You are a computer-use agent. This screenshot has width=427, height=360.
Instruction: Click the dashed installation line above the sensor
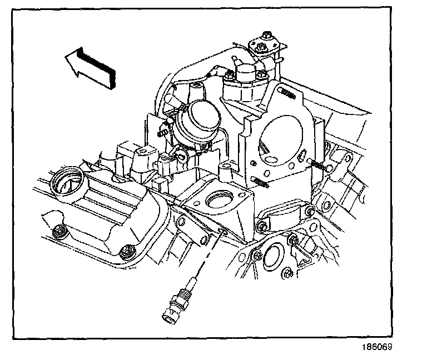206,258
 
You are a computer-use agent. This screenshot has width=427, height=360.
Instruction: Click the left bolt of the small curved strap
260,226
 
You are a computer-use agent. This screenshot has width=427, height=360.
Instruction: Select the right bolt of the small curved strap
310,210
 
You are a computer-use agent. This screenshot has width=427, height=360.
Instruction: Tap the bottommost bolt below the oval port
287,273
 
